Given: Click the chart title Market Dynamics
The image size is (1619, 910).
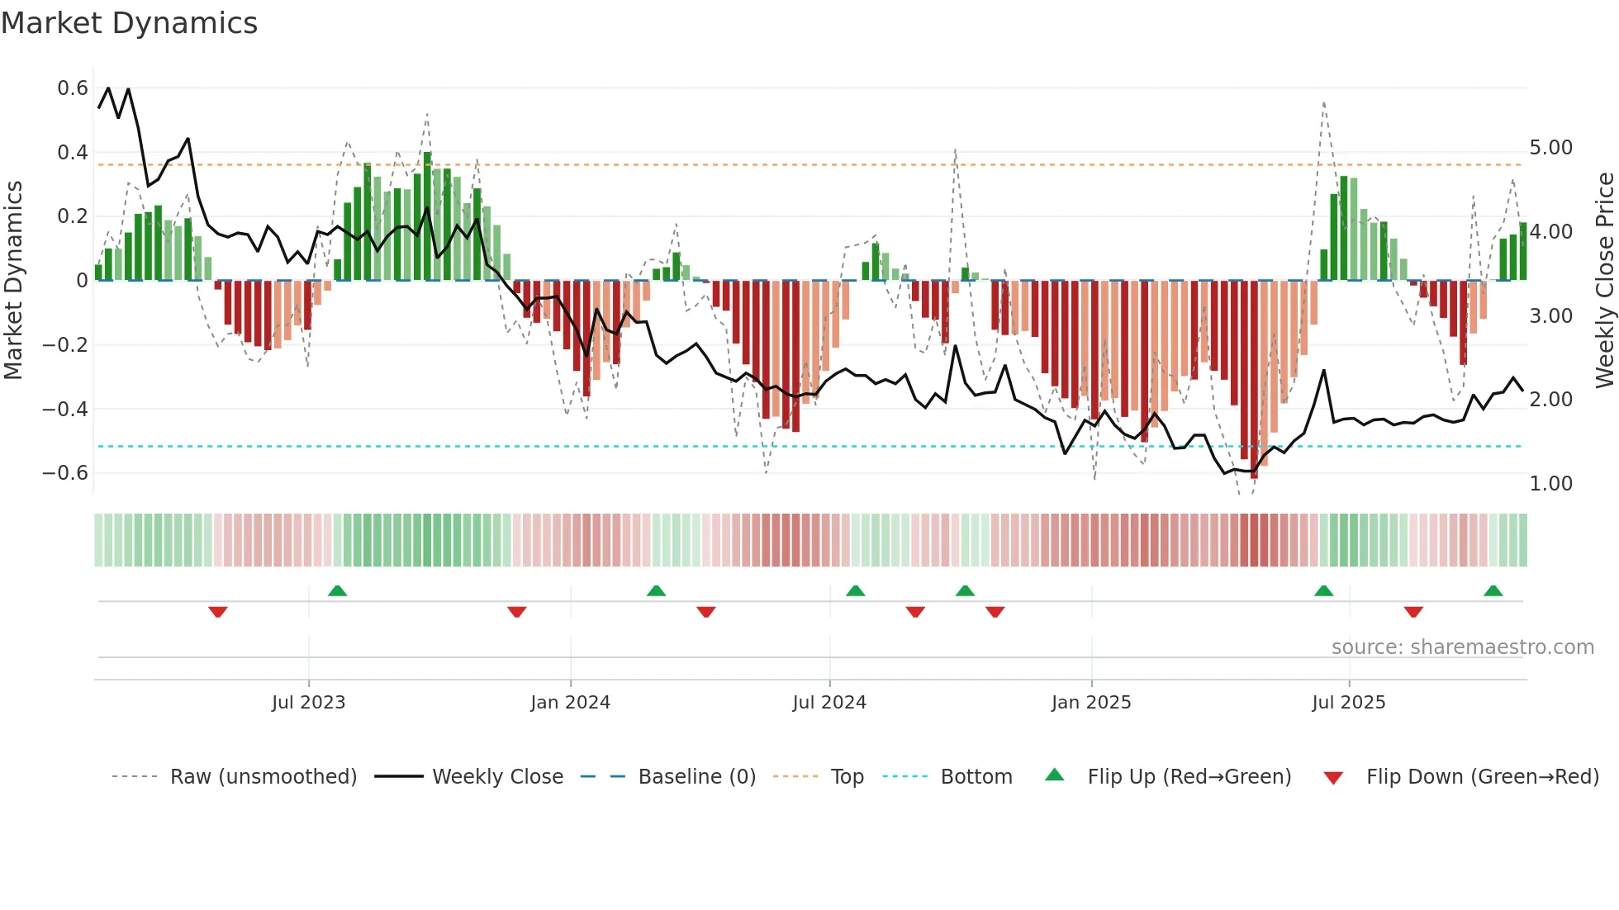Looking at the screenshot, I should coord(129,23).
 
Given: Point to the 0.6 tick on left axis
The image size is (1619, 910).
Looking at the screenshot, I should coord(73,88).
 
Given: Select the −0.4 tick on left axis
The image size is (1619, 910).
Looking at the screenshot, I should coord(65,409).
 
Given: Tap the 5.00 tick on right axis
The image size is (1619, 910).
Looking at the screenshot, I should coord(1550,148).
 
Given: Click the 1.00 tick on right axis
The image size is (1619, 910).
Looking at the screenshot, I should coord(1550,484).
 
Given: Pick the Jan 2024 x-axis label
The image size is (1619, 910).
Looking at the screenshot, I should coord(570,703).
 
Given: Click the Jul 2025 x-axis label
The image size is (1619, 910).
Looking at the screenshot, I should coord(1348,703).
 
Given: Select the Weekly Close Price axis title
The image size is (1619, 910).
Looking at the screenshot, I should coord(1604,280).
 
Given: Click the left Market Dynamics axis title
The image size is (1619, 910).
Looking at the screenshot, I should coord(14,280).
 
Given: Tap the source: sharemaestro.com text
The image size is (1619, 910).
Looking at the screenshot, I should coord(1462,647).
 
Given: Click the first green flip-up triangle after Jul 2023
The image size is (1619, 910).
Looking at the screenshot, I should coord(337,590).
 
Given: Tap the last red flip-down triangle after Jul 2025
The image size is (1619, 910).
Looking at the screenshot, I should coord(1413,612).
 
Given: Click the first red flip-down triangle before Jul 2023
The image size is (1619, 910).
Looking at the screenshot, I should coord(218,612).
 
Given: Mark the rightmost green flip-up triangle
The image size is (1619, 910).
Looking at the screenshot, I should coord(1493,590).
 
